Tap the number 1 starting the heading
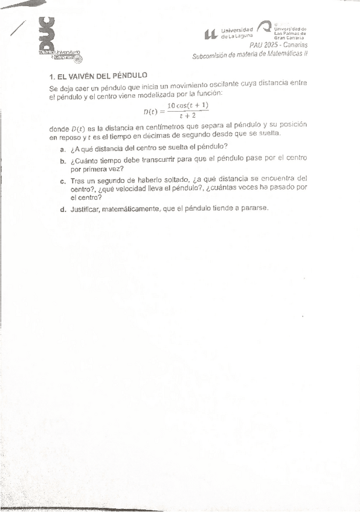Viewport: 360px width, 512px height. click(x=51, y=77)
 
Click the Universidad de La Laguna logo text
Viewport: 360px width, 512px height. click(x=236, y=33)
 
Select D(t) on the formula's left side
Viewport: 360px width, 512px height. click(x=151, y=111)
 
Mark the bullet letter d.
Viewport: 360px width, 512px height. click(x=63, y=210)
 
